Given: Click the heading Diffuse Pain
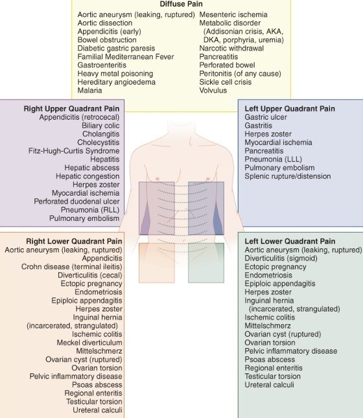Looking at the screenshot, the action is pyautogui.click(x=181, y=4).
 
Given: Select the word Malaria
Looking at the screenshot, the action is pyautogui.click(x=89, y=90).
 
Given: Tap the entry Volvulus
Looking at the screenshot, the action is pyautogui.click(x=213, y=90).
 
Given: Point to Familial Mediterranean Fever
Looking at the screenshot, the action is pyautogui.click(x=126, y=57).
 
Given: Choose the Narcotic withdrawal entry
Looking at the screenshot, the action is pyautogui.click(x=231, y=48).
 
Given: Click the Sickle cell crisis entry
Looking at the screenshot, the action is pyautogui.click(x=226, y=82).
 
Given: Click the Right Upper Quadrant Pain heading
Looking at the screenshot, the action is pyautogui.click(x=71, y=109).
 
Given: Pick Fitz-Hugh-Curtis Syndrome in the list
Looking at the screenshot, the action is pyautogui.click(x=74, y=151).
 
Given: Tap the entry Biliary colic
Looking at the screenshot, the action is pyautogui.click(x=100, y=126).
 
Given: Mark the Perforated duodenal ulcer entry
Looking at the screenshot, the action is pyautogui.click(x=76, y=202).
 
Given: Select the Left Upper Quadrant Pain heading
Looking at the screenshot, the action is pyautogui.click(x=290, y=109).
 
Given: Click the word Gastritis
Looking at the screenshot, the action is pyautogui.click(x=258, y=126).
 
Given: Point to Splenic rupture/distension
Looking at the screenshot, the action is pyautogui.click(x=288, y=176).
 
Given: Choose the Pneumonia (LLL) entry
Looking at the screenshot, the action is pyautogui.click(x=273, y=159).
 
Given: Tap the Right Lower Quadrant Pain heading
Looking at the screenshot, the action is pyautogui.click(x=74, y=241).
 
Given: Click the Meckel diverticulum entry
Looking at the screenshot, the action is pyautogui.click(x=89, y=343).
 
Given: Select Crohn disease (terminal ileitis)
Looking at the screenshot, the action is pyautogui.click(x=72, y=267).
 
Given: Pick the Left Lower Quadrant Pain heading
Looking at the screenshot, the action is pyautogui.click(x=290, y=241).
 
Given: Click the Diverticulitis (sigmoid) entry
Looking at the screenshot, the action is pyautogui.click(x=281, y=259).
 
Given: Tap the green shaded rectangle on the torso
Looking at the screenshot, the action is pyautogui.click(x=206, y=263).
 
